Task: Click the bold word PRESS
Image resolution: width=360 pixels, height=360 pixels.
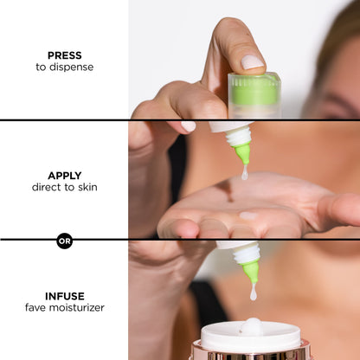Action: coord(65,55)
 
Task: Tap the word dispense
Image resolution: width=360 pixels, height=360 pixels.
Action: coord(71,67)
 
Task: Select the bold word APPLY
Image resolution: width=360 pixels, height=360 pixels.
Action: coord(65,176)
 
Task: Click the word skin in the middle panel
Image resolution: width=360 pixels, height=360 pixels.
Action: coord(87,187)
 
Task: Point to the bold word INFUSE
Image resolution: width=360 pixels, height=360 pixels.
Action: coord(65,296)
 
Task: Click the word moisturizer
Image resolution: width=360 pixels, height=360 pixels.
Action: coord(76,307)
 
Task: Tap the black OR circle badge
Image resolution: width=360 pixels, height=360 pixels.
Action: coord(64,241)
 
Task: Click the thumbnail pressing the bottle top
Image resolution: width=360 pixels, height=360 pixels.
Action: coord(253,62)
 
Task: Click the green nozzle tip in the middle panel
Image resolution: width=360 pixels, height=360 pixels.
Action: coord(242,154)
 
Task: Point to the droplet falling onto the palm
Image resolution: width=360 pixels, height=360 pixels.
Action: coord(245,173)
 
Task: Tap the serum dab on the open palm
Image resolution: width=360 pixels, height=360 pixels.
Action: coord(248,215)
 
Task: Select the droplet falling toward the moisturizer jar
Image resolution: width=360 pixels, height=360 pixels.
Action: coord(254,292)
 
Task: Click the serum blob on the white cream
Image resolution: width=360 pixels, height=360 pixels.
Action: coord(252,326)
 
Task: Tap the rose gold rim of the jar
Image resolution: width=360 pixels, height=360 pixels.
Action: coord(251,352)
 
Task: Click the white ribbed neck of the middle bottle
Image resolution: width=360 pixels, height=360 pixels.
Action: coord(238,136)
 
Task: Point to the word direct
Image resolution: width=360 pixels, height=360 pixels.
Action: coord(47,187)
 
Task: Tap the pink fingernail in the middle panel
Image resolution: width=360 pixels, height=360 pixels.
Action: coord(189,126)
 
